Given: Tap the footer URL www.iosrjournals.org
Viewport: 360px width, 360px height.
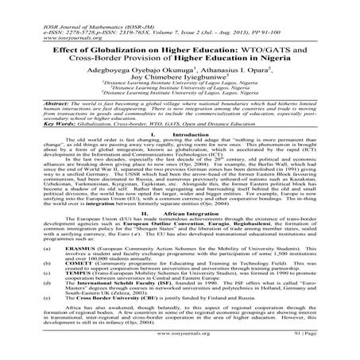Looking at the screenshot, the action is (x=179, y=350).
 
